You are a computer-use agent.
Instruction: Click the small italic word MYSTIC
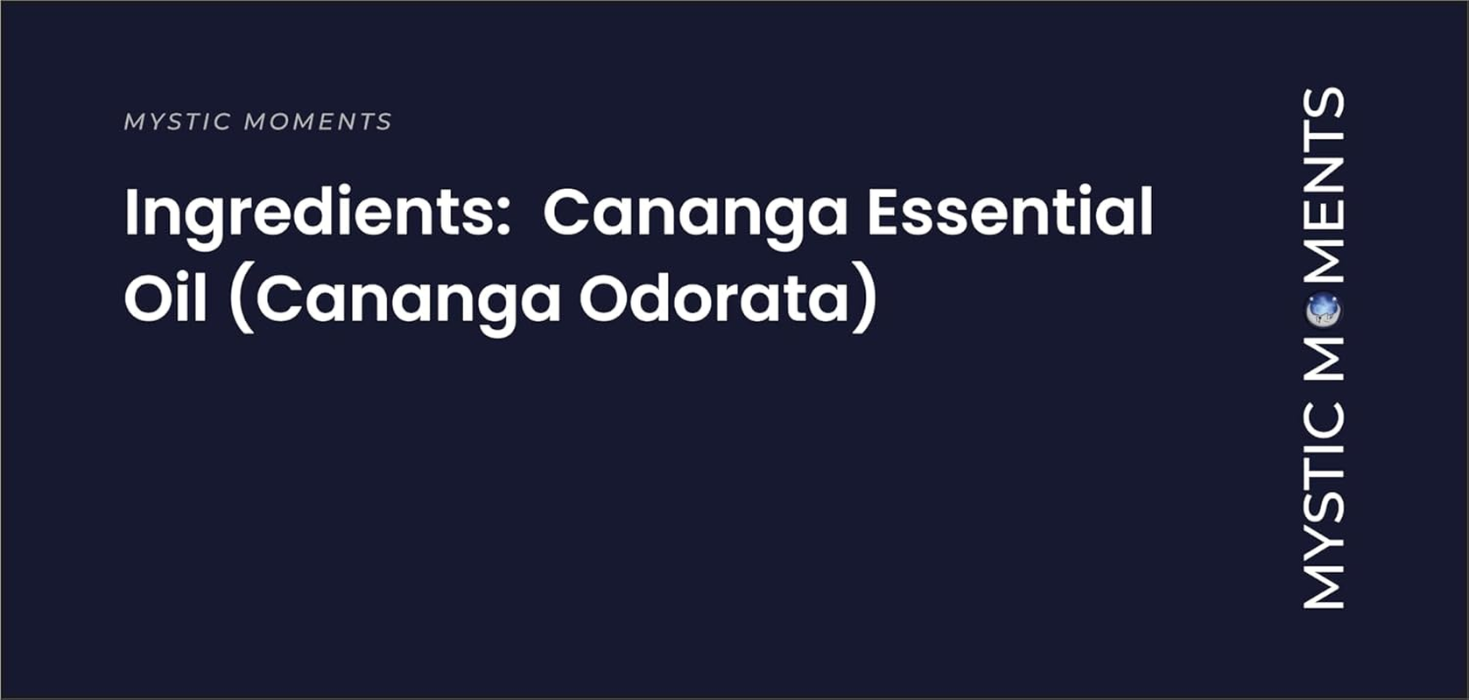[x=178, y=122]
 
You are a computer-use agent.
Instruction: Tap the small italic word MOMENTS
[x=318, y=122]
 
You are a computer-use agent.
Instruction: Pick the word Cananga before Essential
[x=695, y=213]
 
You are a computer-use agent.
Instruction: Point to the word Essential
[x=1009, y=212]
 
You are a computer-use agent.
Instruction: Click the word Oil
[x=165, y=299]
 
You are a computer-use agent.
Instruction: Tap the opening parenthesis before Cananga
[x=242, y=301]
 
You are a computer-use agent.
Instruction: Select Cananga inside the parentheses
[x=408, y=301]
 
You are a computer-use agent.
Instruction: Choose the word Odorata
[x=713, y=299]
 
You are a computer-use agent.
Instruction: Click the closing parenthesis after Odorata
[x=866, y=301]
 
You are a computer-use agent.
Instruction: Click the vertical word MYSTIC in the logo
[x=1324, y=506]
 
